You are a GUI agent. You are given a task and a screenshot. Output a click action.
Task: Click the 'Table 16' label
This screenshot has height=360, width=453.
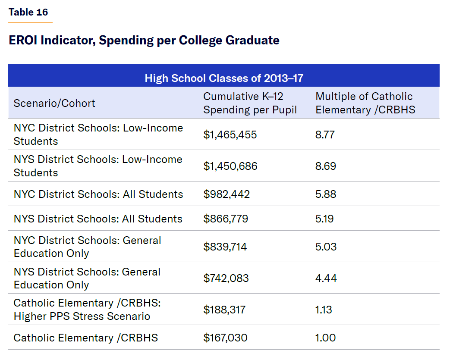click(28, 12)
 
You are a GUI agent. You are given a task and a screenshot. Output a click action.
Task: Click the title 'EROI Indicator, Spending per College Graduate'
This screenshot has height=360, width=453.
click(144, 41)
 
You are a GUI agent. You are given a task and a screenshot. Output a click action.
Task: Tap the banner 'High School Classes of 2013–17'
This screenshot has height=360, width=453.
click(224, 78)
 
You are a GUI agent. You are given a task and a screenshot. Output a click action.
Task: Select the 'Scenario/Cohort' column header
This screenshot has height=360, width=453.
click(54, 103)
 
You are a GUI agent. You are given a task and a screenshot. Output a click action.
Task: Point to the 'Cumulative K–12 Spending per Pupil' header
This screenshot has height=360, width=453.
click(250, 103)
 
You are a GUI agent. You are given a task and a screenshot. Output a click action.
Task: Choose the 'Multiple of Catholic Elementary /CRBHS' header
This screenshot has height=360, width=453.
click(365, 103)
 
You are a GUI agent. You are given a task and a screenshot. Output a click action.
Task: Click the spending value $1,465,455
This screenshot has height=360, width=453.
click(230, 135)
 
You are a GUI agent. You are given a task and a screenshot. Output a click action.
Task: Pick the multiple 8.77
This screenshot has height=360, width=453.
click(325, 135)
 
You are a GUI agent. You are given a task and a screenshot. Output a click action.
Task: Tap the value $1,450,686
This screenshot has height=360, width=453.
click(230, 166)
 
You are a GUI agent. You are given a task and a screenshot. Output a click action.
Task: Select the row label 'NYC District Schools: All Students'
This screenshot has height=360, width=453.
click(98, 194)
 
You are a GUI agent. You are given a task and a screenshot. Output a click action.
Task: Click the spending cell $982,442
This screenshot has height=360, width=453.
click(226, 194)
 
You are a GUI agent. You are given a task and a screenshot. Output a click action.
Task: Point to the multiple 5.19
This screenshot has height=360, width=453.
click(324, 219)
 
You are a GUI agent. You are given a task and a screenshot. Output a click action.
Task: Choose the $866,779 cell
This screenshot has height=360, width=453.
click(226, 219)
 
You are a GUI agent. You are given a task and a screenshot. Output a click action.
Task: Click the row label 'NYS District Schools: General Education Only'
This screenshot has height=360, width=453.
click(87, 278)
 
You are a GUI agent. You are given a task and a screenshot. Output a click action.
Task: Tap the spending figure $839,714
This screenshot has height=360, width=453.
click(226, 247)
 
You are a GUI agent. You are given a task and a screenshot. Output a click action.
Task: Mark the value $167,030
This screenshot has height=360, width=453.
click(225, 338)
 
